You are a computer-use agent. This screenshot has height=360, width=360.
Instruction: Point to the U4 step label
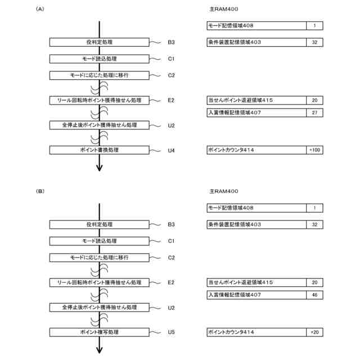click(x=172, y=150)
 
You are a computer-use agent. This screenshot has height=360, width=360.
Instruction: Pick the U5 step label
click(x=172, y=332)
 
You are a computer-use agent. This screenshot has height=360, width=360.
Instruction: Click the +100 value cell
click(x=314, y=150)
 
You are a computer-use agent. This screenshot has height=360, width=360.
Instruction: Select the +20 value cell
click(x=314, y=332)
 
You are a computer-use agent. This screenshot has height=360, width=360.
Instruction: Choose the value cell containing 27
click(x=314, y=113)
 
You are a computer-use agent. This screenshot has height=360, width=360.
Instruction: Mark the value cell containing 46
click(x=314, y=295)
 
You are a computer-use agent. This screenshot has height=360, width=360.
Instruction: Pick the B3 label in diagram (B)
click(x=172, y=224)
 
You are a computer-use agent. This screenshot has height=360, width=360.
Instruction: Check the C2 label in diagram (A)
click(x=172, y=75)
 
